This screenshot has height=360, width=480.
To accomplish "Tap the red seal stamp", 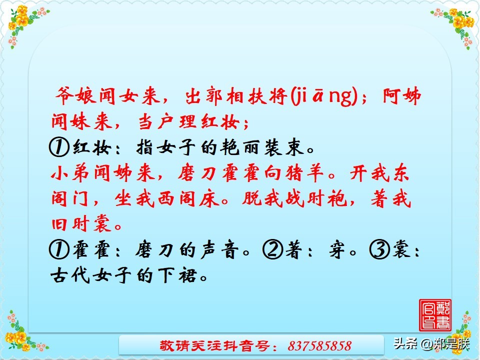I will coord(434,314).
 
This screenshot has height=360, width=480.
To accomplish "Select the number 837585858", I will coord(320,345).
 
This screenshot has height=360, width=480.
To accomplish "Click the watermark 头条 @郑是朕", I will coord(431,344).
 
